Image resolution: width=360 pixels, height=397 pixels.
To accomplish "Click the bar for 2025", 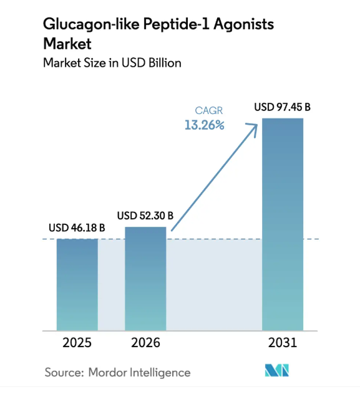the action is tap(77, 285).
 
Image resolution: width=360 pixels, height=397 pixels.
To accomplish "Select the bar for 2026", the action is tap(145, 279).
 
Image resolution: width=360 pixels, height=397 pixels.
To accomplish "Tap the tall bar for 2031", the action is tap(283, 224).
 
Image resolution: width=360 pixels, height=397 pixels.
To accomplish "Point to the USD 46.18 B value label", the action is tap(77, 228).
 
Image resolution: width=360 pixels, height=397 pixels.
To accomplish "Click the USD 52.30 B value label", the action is tap(145, 216).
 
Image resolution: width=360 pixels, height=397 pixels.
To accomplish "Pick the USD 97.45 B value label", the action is tap(283, 107).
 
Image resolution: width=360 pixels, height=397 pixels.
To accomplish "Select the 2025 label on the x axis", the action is tap(77, 343).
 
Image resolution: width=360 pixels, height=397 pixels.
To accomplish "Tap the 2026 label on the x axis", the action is tap(145, 343).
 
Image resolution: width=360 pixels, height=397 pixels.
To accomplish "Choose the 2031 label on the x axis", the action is tap(283, 343).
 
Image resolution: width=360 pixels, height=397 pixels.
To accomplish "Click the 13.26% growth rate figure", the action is tap(205, 125).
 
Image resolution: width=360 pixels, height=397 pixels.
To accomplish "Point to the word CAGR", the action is tap(209, 111).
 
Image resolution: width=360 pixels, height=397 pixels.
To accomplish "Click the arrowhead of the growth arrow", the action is tap(254, 127).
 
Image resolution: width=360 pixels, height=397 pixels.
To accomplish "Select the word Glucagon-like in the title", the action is tap(91, 24).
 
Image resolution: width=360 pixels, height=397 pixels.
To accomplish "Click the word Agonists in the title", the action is tap(243, 25).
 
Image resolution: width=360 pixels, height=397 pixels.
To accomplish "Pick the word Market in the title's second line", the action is tap(67, 44).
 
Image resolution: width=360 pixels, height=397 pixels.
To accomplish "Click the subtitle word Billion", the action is tap(165, 63).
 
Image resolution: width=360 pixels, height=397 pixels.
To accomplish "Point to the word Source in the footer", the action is tap(64, 373).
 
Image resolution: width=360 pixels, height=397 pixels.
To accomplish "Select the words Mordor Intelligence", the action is tap(139, 373).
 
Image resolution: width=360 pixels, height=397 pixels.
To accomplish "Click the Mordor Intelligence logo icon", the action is tap(277, 370).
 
